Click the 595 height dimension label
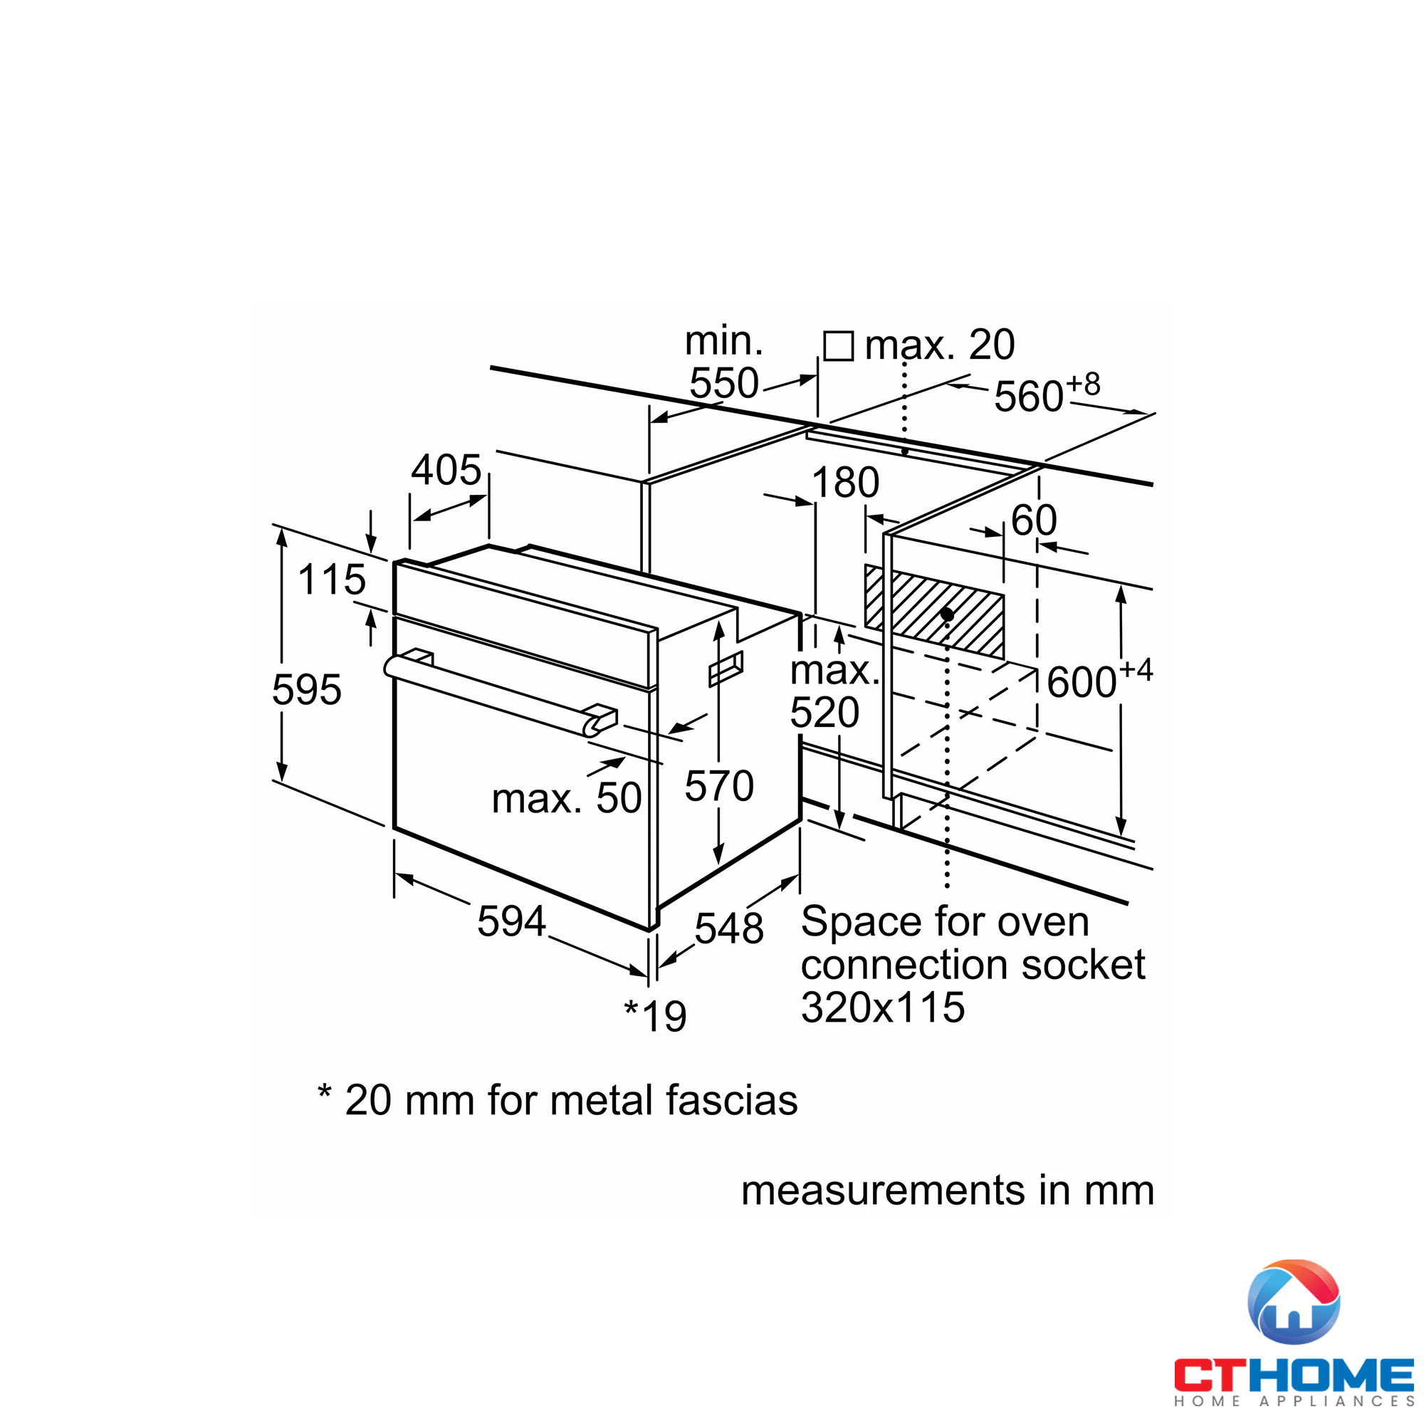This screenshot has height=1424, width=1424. [x=307, y=690]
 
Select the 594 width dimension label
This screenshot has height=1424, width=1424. [x=511, y=921]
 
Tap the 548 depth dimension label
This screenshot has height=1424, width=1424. [x=729, y=928]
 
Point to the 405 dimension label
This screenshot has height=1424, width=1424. [x=446, y=469]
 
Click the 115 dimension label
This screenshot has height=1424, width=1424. [x=332, y=580]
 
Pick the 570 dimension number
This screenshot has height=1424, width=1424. [x=719, y=786]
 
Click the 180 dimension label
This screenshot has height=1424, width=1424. [x=845, y=483]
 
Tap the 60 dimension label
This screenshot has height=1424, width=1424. [x=1034, y=520]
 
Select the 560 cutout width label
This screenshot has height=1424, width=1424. [x=1047, y=394]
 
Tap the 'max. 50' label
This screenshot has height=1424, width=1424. [x=567, y=798]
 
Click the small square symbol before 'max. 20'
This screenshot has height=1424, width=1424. [x=839, y=346]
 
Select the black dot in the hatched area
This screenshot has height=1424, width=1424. [x=947, y=614]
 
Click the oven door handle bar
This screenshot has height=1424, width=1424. [x=501, y=695]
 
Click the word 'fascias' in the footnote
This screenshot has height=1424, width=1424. [x=732, y=1101]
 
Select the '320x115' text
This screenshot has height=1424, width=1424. [x=883, y=1007]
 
